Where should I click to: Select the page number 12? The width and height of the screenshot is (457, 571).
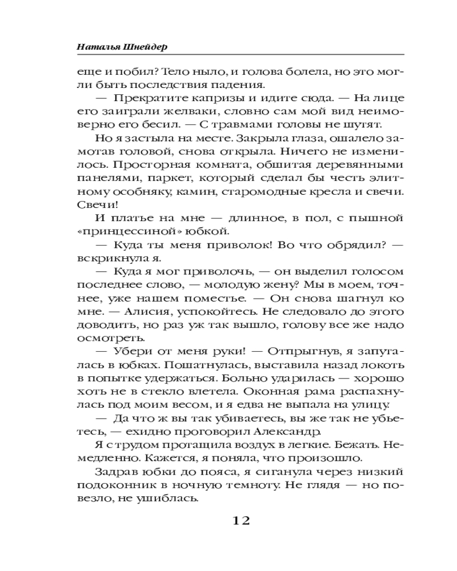coord(240,521)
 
